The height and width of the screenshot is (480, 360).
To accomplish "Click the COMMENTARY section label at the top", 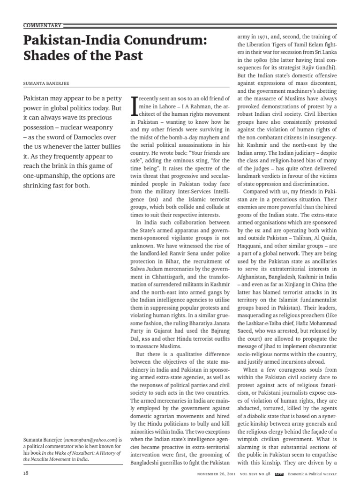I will (x=42, y=25).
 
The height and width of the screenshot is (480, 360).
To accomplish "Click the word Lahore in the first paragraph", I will (x=163, y=106).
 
